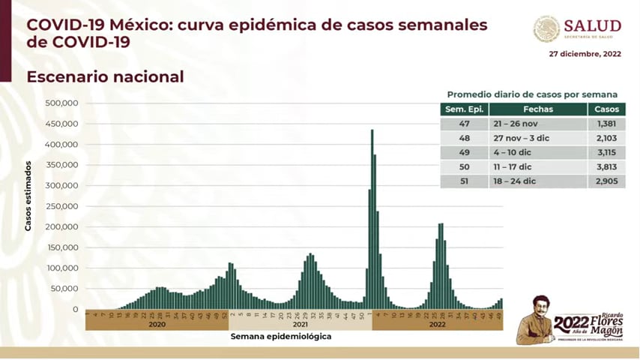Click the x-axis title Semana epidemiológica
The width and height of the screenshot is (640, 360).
(281, 337)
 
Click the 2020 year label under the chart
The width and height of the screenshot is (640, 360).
(157, 324)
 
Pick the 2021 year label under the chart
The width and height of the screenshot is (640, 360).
(301, 324)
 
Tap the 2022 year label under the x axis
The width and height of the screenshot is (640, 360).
(438, 324)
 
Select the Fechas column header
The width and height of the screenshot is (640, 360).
(534, 109)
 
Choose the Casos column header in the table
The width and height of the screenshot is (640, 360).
(606, 109)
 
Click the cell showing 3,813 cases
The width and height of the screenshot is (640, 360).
(606, 167)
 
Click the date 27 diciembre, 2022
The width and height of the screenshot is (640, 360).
(585, 54)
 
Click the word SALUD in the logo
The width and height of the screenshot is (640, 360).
(593, 26)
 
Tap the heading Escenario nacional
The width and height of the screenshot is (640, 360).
(105, 76)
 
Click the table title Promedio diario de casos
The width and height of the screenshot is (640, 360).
(532, 94)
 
